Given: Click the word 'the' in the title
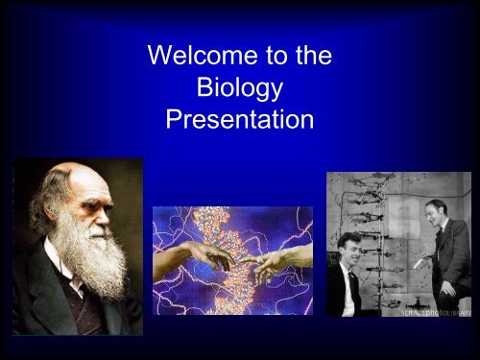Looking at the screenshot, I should [x=312, y=57].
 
